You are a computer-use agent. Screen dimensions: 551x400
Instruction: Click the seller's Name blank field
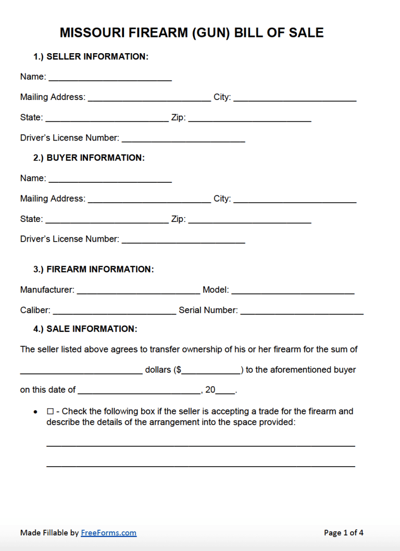110,77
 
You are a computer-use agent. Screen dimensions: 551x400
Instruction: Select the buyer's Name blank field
110,179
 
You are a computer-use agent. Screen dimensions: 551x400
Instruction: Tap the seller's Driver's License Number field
183,139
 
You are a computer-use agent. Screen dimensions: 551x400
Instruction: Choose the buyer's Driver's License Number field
183,240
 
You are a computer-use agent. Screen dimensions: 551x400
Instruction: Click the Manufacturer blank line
138,290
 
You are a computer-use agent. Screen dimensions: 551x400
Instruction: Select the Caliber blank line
115,310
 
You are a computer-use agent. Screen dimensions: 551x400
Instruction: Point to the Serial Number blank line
302,310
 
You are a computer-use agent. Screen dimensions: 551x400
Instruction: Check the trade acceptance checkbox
51,411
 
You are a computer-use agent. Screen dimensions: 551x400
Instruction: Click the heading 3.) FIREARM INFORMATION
94,269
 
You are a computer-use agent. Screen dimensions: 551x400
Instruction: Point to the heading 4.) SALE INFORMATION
85,329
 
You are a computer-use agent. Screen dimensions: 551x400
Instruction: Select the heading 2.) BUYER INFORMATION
89,158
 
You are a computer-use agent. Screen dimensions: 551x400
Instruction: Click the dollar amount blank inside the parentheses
211,370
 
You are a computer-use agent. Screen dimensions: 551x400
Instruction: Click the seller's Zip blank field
249,118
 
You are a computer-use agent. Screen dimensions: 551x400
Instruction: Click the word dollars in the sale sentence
158,370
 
